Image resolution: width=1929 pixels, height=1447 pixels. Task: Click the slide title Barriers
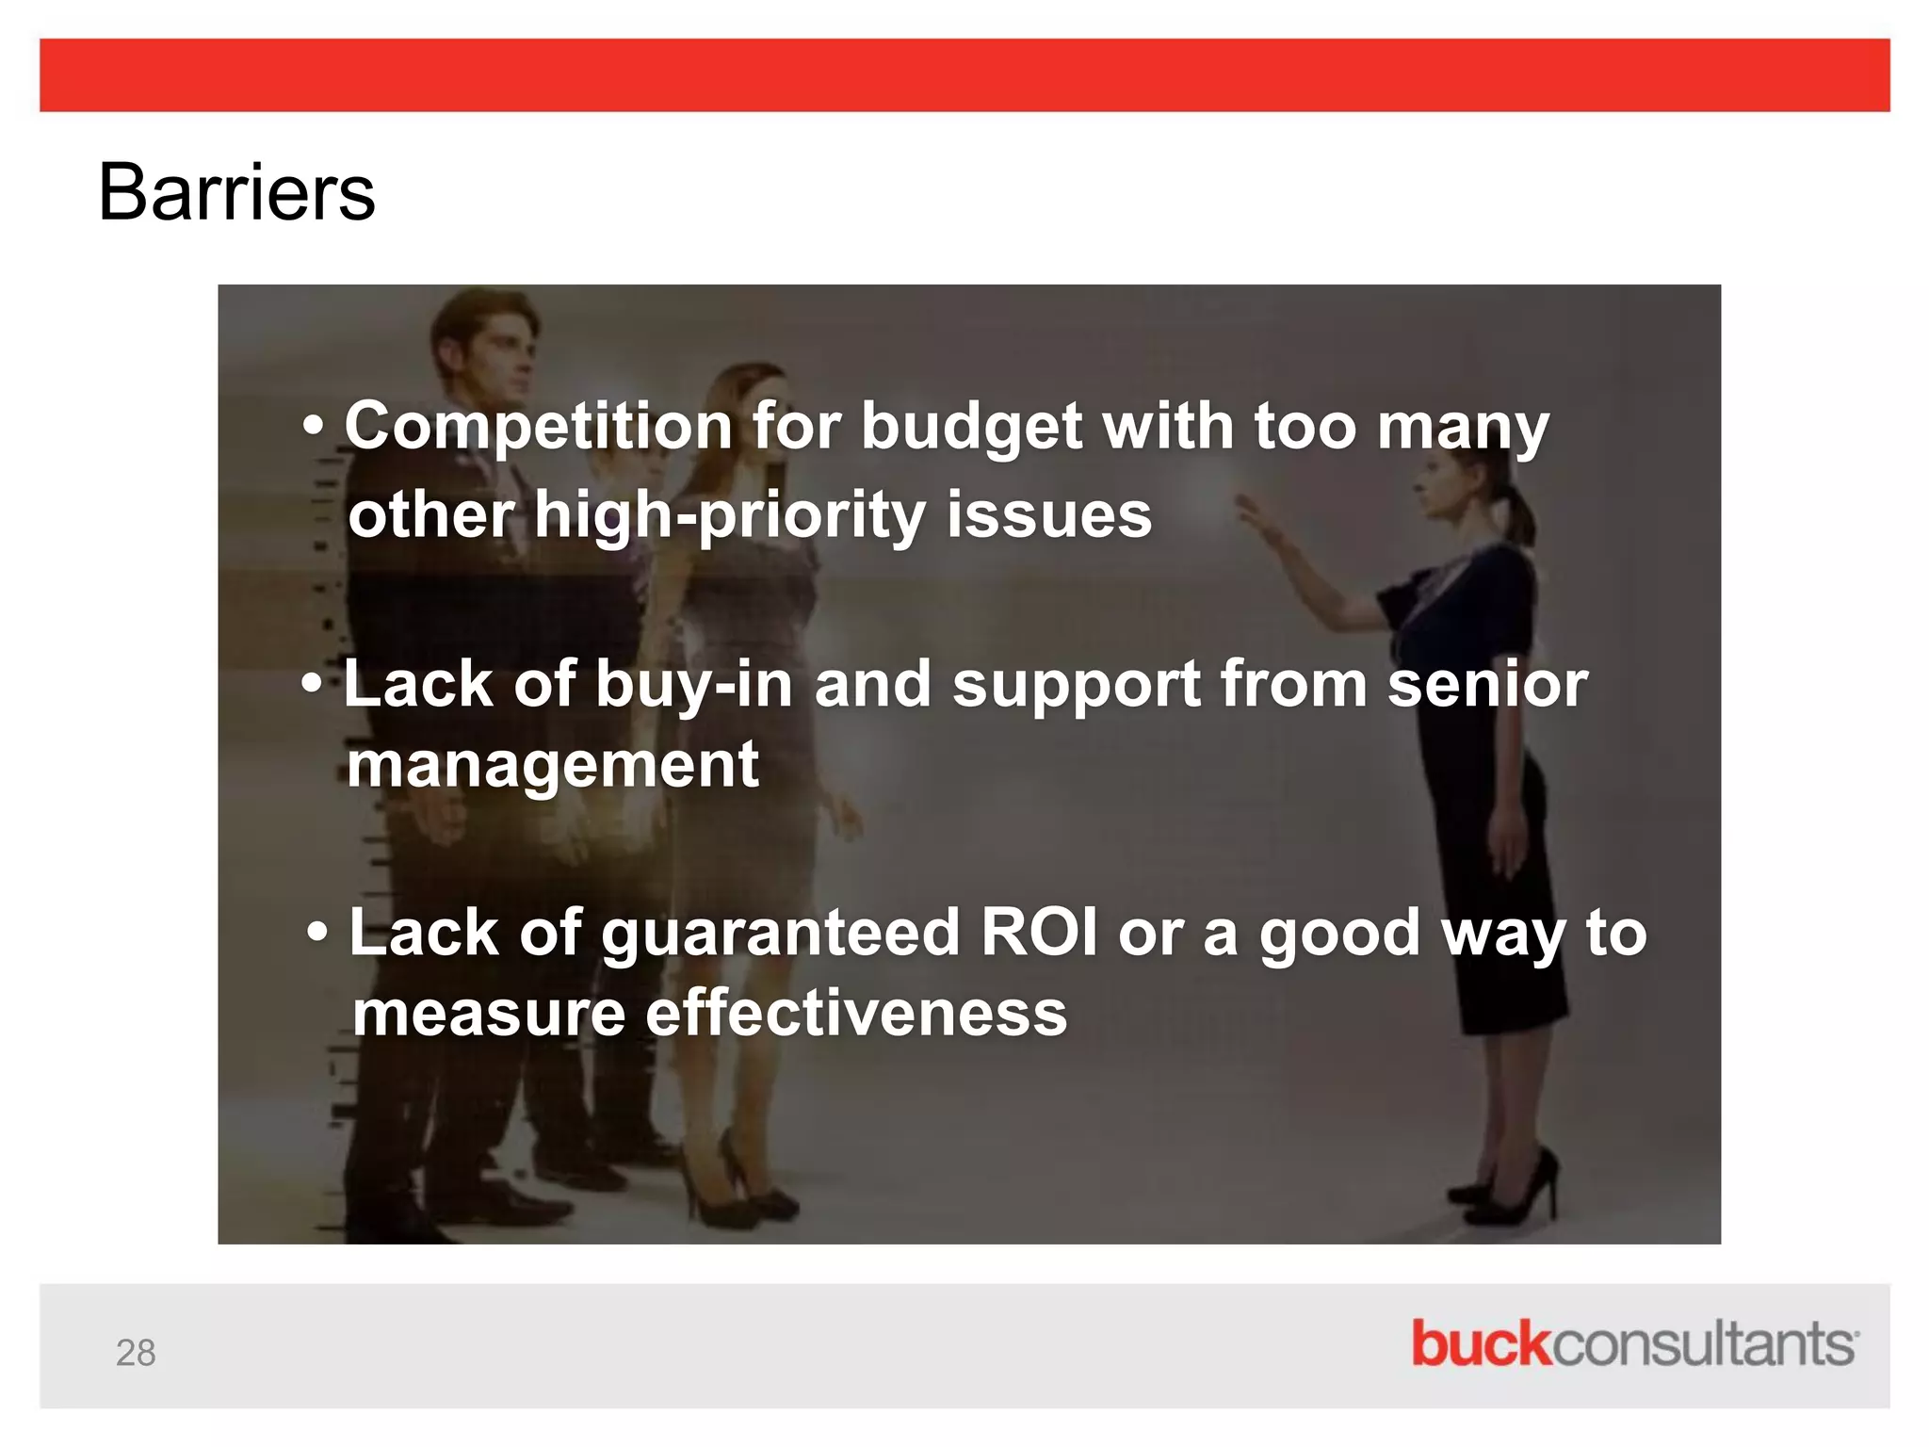pos(236,192)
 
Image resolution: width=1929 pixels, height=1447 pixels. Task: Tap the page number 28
pos(136,1353)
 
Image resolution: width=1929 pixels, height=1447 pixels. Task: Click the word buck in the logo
pos(1480,1343)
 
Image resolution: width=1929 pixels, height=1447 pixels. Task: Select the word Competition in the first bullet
pos(538,427)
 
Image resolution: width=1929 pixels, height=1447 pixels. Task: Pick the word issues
pos(1048,515)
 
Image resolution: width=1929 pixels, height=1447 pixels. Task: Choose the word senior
pos(1487,684)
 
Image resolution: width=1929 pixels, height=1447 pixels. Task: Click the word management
pos(552,765)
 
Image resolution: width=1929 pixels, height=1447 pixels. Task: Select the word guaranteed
pos(780,934)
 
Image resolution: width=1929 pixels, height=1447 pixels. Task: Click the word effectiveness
pos(855,1014)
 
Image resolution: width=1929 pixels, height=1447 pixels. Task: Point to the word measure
pos(488,1014)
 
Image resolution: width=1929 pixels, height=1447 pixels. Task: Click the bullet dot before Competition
pos(314,427)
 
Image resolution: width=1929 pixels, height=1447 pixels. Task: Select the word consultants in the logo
pos(1703,1343)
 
